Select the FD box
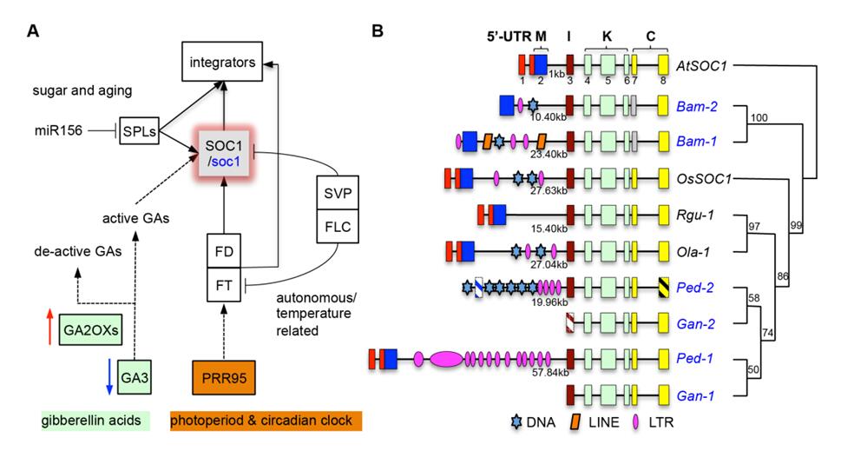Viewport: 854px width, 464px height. pyautogui.click(x=224, y=252)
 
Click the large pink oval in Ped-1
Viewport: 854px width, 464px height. pyautogui.click(x=447, y=359)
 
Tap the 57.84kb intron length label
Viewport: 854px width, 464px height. pyautogui.click(x=549, y=373)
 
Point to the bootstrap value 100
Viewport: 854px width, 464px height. pyautogui.click(x=761, y=117)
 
